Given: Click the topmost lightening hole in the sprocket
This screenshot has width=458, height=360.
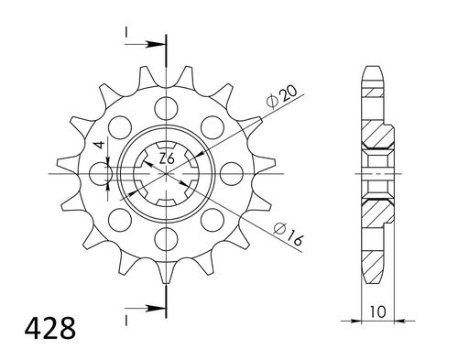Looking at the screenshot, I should pos(166,103).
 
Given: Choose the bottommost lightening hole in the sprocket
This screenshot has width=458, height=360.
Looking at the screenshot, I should pos(166,241).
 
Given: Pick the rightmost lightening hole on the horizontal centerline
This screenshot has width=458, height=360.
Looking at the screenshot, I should pos(234,172).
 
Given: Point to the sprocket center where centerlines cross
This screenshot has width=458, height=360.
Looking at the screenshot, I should pos(166,172).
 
